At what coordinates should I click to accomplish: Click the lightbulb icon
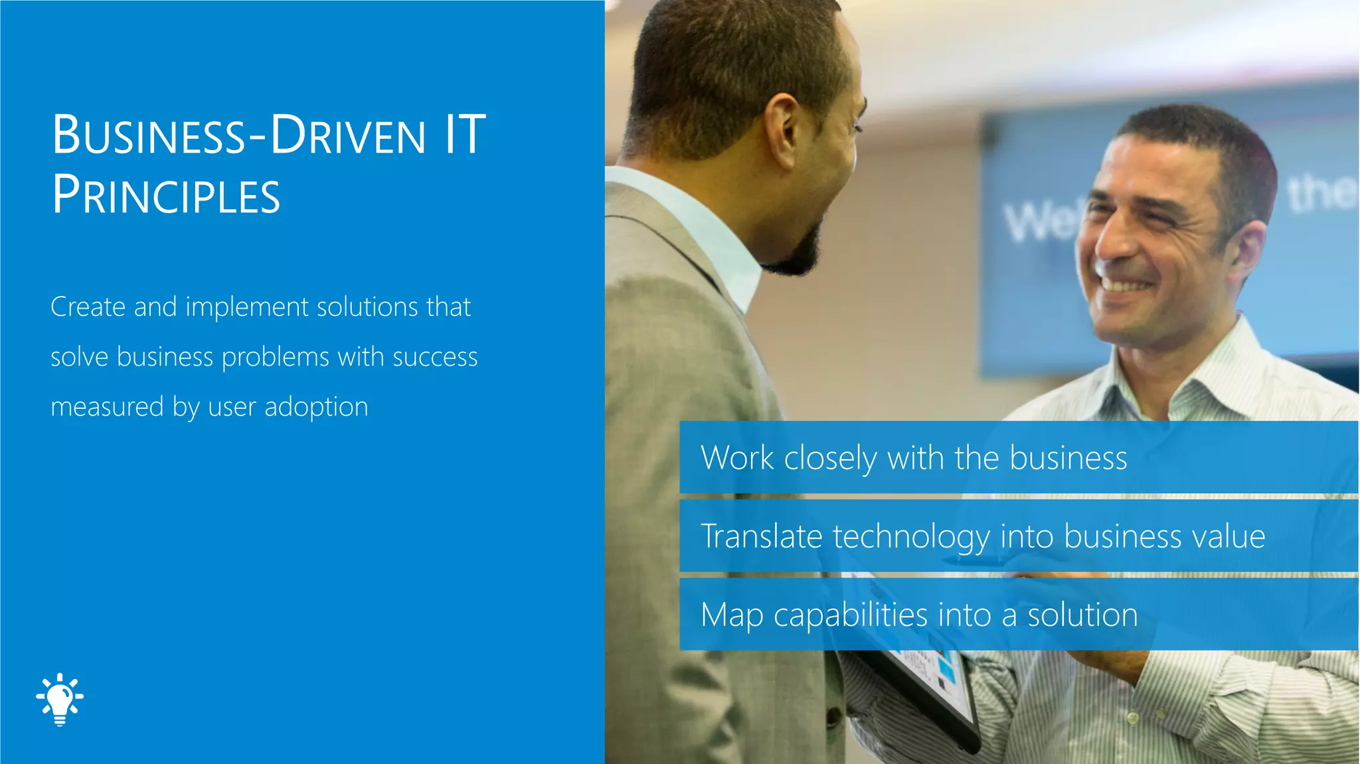tap(60, 698)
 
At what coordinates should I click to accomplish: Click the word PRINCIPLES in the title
tap(166, 195)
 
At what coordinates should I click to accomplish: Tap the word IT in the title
tap(465, 135)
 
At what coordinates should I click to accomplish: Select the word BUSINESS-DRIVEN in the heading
tap(239, 135)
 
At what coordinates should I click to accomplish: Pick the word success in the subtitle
tap(435, 357)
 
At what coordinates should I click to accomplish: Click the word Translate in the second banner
tap(762, 536)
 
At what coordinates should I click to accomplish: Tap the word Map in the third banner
tap(732, 615)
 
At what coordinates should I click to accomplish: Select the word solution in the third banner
tap(1082, 615)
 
